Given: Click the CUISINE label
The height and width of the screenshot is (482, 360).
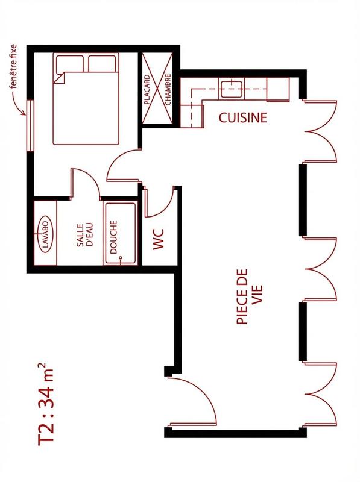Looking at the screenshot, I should (x=242, y=117).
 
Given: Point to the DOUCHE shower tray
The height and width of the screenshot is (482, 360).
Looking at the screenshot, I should (x=119, y=234).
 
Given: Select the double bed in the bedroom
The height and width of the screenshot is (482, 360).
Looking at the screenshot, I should (x=86, y=99).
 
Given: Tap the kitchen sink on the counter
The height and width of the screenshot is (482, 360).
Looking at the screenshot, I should (x=232, y=89).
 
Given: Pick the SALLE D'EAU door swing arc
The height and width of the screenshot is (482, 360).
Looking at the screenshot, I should (x=86, y=181).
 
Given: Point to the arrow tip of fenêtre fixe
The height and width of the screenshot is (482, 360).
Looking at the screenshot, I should (x=27, y=114).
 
